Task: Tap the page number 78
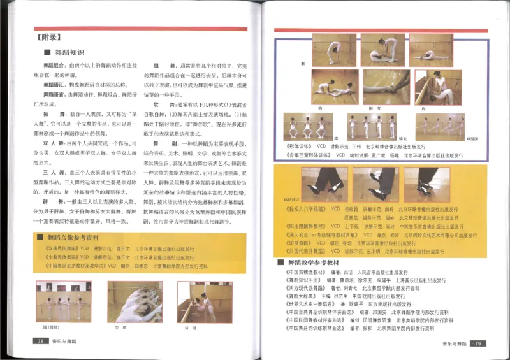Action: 40,342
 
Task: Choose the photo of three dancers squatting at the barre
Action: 306,127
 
